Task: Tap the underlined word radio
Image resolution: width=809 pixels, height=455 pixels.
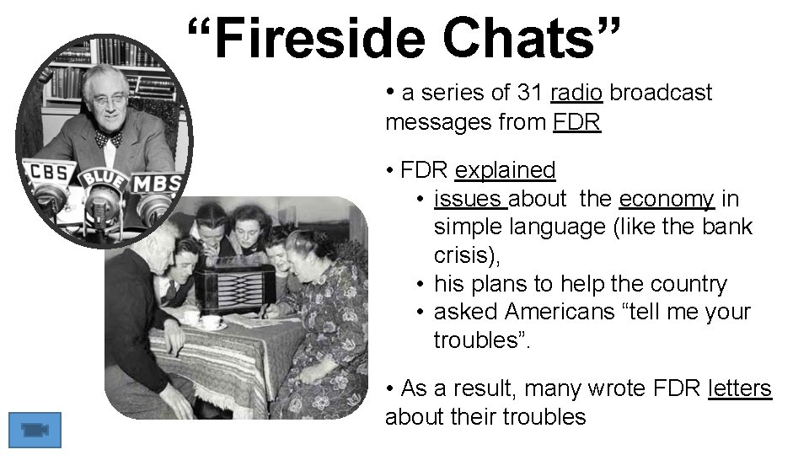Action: click(576, 93)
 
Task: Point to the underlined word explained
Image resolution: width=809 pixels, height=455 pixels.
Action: click(505, 170)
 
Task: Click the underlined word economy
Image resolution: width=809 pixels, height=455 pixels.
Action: click(667, 199)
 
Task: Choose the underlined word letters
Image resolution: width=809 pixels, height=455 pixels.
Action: click(740, 388)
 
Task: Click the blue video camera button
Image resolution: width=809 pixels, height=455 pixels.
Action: click(35, 430)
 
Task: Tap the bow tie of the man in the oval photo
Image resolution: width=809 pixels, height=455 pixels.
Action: click(108, 136)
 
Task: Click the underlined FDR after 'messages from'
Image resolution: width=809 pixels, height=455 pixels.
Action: click(577, 122)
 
